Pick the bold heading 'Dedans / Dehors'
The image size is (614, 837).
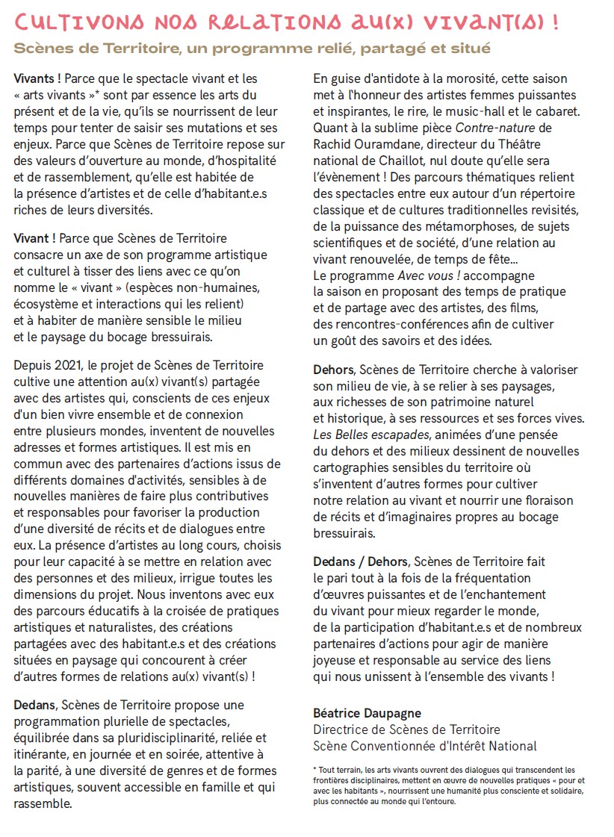click(361, 561)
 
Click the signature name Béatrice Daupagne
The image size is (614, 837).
click(367, 713)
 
